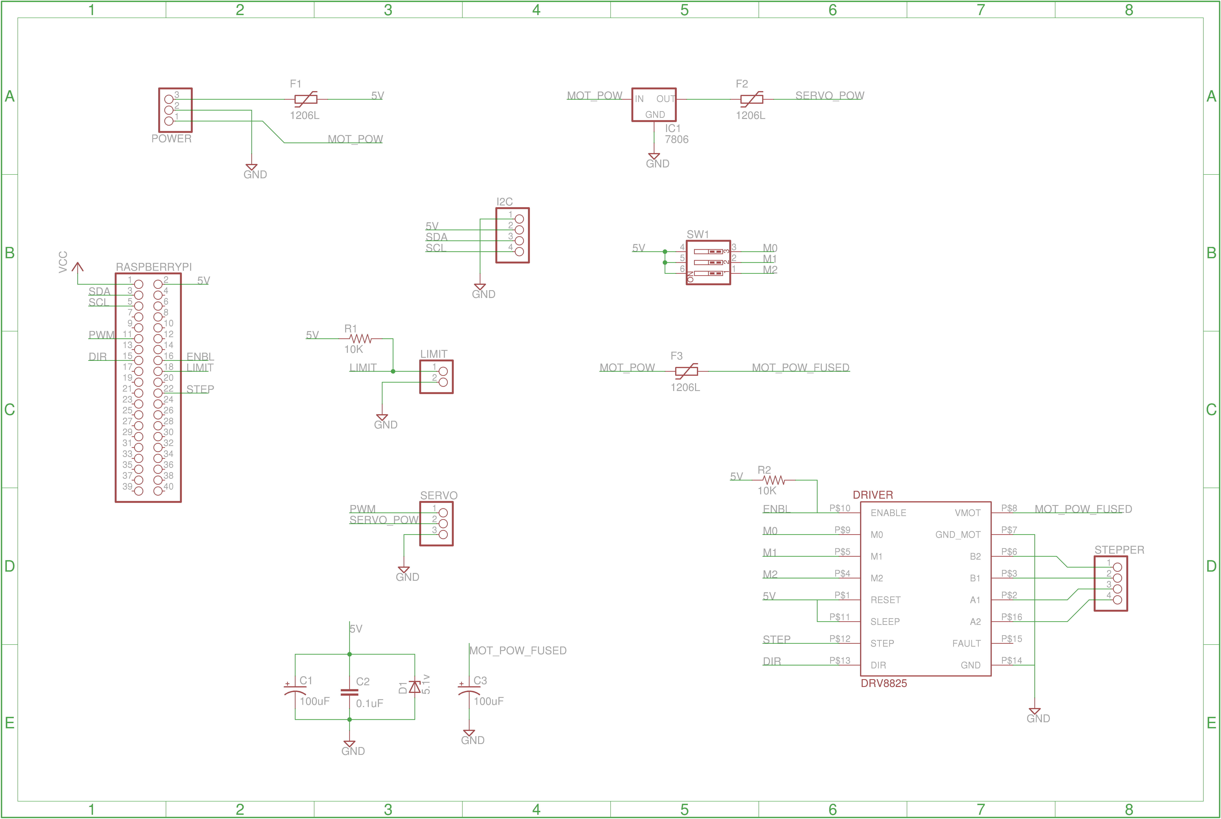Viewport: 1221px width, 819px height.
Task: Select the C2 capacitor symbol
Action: click(349, 692)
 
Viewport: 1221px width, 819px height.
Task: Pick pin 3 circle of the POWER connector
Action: click(169, 99)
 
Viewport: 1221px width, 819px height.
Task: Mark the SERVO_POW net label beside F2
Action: click(829, 96)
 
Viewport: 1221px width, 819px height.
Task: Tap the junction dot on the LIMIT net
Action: click(393, 371)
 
